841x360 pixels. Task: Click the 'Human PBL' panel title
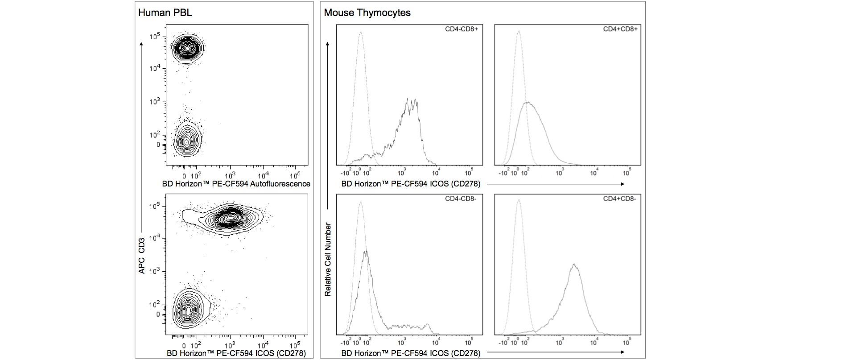pyautogui.click(x=165, y=12)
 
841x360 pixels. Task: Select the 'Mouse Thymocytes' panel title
pyautogui.click(x=367, y=12)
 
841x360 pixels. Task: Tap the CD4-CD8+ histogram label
pyautogui.click(x=461, y=29)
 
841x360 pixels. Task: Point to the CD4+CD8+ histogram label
pyautogui.click(x=620, y=29)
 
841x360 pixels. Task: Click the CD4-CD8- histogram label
pyautogui.click(x=461, y=199)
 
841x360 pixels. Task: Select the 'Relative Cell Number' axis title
pyautogui.click(x=328, y=260)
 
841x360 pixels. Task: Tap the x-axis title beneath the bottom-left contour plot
pyautogui.click(x=236, y=353)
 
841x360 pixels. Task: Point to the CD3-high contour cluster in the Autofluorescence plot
pyautogui.click(x=187, y=47)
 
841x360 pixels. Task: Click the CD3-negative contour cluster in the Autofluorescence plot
pyautogui.click(x=187, y=141)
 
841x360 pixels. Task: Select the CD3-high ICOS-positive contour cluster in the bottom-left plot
pyautogui.click(x=230, y=218)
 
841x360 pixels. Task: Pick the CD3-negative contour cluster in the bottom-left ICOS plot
pyautogui.click(x=189, y=310)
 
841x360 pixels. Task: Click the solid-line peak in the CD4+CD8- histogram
pyautogui.click(x=574, y=266)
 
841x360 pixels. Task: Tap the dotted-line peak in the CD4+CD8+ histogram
pyautogui.click(x=519, y=32)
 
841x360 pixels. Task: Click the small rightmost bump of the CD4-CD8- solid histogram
pyautogui.click(x=428, y=325)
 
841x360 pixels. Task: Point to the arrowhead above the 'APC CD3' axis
pyautogui.click(x=142, y=44)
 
